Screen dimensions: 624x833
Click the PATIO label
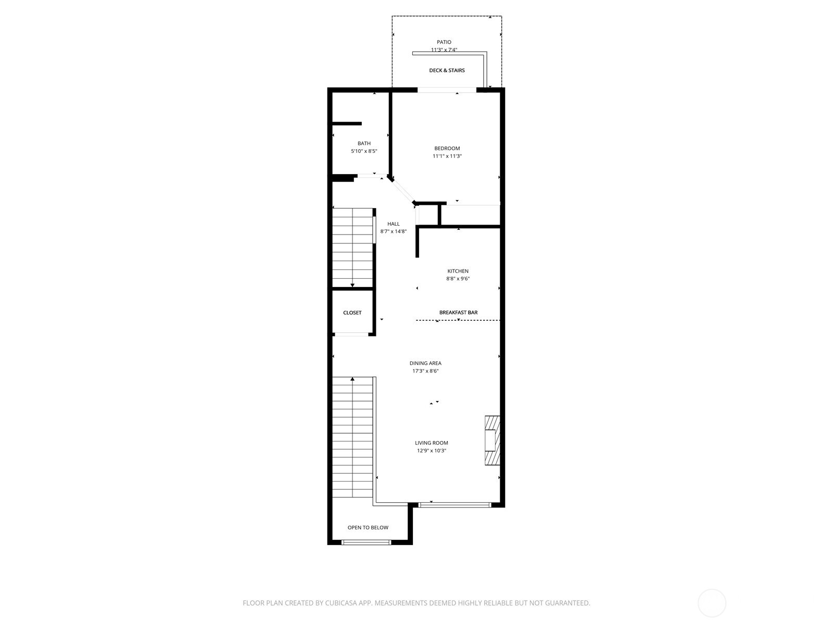(x=444, y=42)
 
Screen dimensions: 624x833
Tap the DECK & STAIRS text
(x=447, y=70)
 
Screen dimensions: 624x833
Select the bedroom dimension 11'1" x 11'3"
(x=447, y=156)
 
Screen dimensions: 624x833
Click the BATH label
(x=364, y=144)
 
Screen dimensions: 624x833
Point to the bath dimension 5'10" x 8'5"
(x=364, y=151)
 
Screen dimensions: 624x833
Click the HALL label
(x=393, y=224)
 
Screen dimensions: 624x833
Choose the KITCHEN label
(x=458, y=271)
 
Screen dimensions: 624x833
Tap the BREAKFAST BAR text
(x=458, y=313)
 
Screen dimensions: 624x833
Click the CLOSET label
(x=352, y=313)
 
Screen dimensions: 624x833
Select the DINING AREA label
(x=425, y=363)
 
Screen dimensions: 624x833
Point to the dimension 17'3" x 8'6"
(x=425, y=371)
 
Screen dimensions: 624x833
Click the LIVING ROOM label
(x=431, y=443)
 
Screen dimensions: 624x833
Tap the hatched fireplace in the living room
(x=492, y=440)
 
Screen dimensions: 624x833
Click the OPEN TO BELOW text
(x=368, y=527)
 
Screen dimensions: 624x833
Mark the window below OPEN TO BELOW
(x=366, y=542)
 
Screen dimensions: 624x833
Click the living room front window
(x=455, y=504)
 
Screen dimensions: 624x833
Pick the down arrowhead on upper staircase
(x=352, y=285)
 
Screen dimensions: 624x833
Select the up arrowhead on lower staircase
(x=352, y=379)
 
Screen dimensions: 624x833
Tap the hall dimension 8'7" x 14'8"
(x=393, y=232)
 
